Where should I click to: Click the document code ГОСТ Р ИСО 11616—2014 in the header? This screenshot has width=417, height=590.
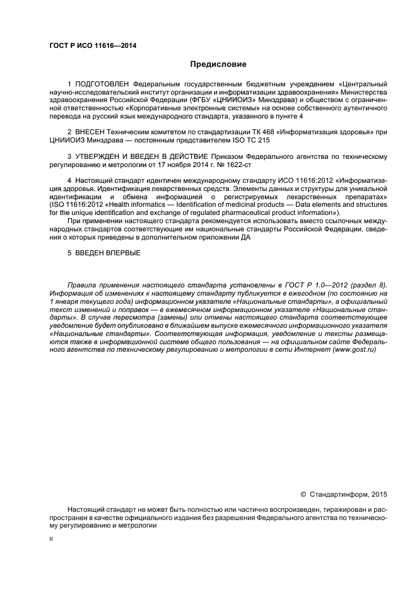[93, 46]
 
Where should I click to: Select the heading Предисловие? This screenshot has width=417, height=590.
[218, 64]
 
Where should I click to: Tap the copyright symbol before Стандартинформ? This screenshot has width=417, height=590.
[303, 494]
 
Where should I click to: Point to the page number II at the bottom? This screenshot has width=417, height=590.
[52, 539]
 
